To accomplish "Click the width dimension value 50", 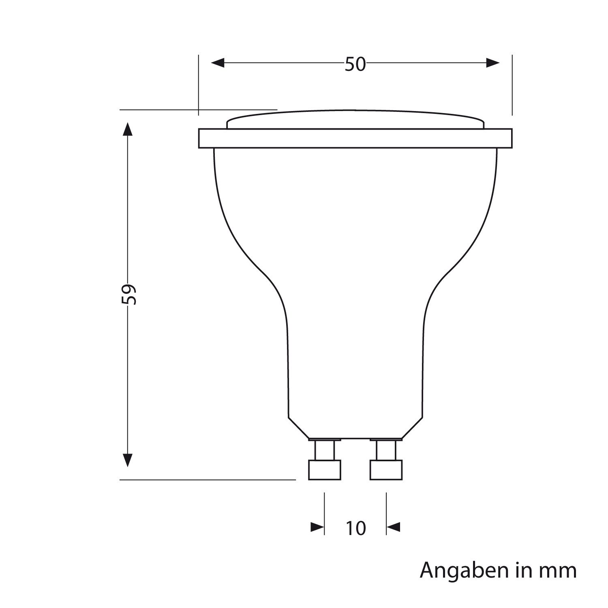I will pos(355,64).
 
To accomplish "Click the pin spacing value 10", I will pos(355,528).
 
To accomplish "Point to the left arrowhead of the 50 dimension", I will pos(218,63).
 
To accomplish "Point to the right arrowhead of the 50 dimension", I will pos(493,63).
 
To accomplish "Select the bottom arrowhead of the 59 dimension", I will pos(128,460).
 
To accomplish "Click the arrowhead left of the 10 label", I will pos(317,527).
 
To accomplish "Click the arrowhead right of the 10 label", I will pos(394,527).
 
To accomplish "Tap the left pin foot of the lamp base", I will pos(324,470).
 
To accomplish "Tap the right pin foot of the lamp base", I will pos(386,470).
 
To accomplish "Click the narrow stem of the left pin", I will pos(325,450).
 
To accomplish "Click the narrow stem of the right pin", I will pos(386,450).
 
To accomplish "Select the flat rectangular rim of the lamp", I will pos(355,138).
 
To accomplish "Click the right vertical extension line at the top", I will pos(512,85).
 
